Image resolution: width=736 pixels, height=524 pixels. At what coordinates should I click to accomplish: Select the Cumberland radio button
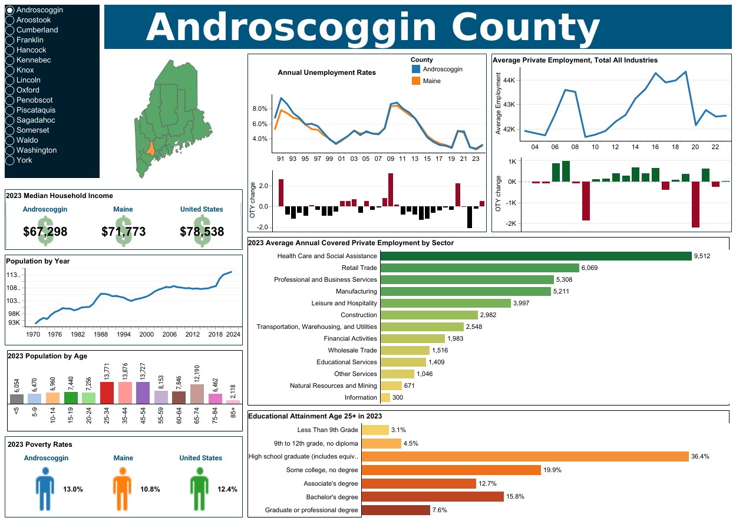[x=10, y=30]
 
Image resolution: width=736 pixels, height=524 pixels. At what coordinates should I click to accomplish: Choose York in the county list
[x=10, y=160]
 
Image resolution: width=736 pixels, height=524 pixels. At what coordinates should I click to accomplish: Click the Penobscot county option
[x=10, y=100]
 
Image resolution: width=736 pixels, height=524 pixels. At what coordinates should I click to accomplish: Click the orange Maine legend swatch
[x=416, y=81]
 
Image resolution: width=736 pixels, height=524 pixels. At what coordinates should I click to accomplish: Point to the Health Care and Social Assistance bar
[x=536, y=256]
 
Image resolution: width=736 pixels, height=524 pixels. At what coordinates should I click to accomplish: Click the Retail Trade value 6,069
[x=589, y=268]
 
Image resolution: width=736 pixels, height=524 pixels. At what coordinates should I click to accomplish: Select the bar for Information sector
[x=385, y=398]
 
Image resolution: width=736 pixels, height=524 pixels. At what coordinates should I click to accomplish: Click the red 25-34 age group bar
[x=107, y=393]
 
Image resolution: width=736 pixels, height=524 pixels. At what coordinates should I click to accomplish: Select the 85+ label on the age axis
[x=233, y=411]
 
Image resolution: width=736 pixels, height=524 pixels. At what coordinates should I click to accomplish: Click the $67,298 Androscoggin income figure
[x=45, y=232]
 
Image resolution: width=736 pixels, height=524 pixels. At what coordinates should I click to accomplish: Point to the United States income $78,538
[x=202, y=232]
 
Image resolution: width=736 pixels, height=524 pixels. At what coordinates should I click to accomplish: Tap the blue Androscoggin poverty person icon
[x=45, y=489]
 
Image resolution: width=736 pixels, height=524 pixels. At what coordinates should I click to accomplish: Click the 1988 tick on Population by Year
[x=101, y=334]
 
